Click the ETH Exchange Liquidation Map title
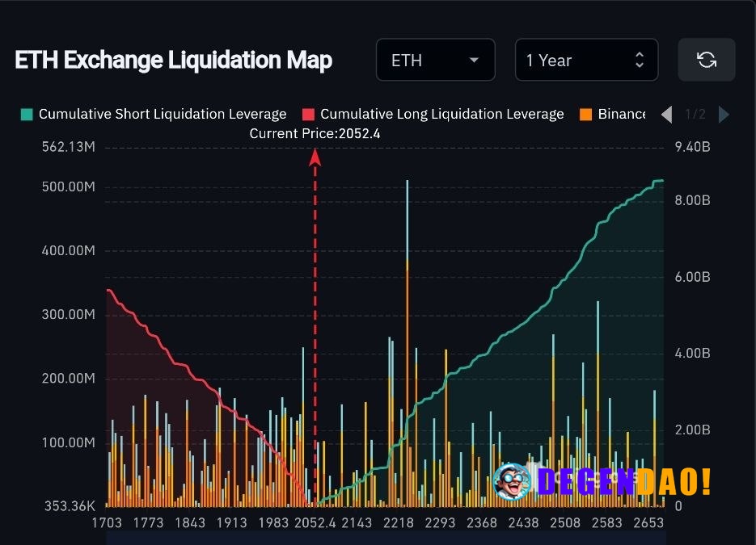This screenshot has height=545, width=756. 173,61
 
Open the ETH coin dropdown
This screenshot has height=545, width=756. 435,61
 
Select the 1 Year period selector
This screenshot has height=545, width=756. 585,61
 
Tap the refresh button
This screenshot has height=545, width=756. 706,60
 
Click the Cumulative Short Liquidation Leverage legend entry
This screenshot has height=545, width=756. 154,114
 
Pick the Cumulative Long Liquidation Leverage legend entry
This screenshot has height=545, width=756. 433,114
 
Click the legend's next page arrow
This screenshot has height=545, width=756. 724,115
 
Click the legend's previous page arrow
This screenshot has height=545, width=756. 666,115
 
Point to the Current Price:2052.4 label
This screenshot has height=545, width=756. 315,133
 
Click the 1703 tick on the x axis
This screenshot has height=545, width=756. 106,523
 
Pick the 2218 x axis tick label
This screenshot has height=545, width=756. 398,523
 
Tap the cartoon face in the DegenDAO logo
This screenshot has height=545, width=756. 512,481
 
